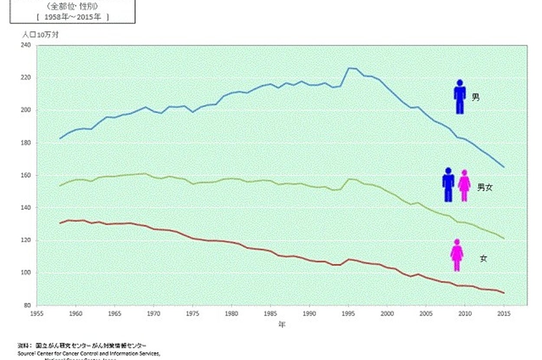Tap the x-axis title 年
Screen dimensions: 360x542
[282, 324]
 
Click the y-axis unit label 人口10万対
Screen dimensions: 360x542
[41, 35]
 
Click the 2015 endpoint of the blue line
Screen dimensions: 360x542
[504, 167]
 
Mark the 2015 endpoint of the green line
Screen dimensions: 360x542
[504, 239]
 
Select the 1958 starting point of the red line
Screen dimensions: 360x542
[60, 223]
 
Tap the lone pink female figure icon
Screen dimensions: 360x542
[457, 255]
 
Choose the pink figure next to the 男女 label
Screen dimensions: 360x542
[464, 186]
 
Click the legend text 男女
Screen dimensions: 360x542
[485, 187]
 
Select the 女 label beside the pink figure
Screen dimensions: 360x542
[483, 258]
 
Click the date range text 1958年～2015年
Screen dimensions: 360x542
[72, 16]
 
